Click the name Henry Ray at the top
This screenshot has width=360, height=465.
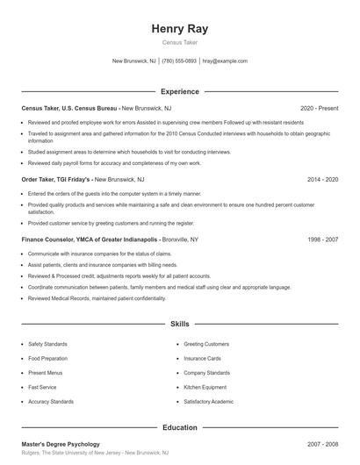click(179, 28)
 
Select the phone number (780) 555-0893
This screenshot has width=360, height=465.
click(179, 61)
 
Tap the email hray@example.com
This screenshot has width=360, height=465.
click(225, 61)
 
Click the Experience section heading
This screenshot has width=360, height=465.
click(179, 91)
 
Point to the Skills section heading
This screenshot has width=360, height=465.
click(179, 324)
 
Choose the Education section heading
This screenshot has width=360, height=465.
click(179, 427)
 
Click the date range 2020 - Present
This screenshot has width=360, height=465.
click(319, 108)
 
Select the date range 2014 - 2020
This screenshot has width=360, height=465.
click(322, 179)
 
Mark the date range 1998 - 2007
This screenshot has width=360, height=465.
click(322, 239)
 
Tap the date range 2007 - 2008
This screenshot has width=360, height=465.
click(322, 445)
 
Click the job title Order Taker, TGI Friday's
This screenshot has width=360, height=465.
click(56, 179)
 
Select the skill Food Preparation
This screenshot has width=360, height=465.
click(49, 358)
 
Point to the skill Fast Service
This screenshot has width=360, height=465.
click(43, 387)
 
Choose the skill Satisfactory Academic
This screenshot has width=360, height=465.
click(209, 401)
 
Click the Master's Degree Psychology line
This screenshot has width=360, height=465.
click(61, 445)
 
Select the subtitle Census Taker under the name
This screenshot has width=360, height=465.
click(179, 42)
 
